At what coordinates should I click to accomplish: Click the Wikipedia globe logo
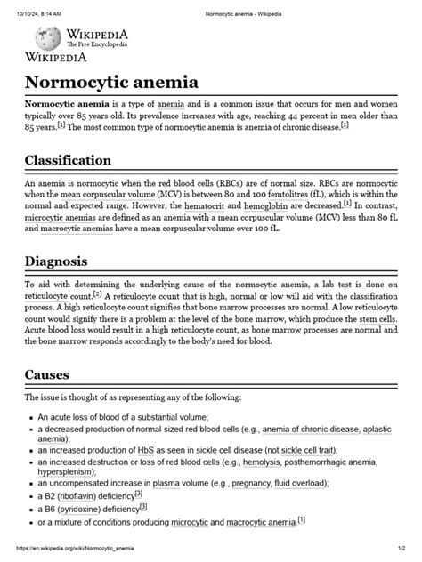coord(47,38)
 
